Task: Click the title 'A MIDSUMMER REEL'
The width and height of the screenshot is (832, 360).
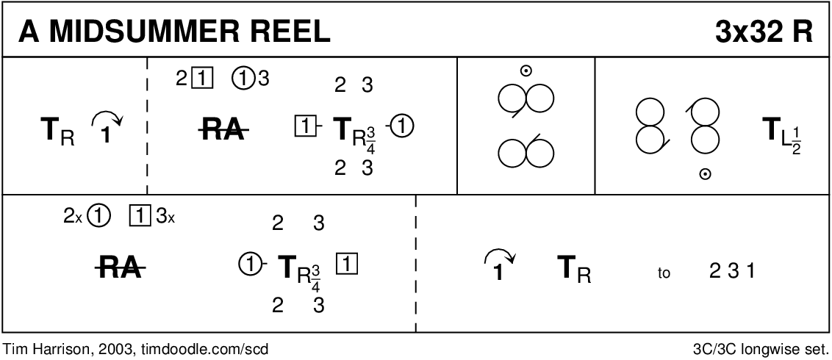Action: [x=175, y=32]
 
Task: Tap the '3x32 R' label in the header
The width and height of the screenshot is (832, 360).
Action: [x=764, y=32]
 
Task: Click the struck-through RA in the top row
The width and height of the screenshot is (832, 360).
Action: [x=223, y=130]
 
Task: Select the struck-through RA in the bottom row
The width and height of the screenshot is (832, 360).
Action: [x=121, y=270]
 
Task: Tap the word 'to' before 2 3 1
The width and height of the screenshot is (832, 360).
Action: [x=664, y=273]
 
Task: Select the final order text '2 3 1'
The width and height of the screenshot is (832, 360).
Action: [x=732, y=271]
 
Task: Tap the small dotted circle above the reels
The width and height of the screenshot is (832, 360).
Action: [x=526, y=71]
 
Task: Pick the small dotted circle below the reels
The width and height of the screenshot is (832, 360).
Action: [x=706, y=174]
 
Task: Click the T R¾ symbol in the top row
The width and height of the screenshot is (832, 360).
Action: [x=351, y=131]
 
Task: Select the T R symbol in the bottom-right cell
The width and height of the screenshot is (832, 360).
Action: [x=574, y=271]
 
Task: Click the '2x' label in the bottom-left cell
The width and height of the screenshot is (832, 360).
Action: [x=72, y=217]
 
